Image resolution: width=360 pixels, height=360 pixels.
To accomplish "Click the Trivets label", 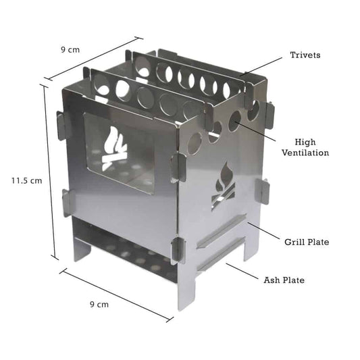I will pyautogui.click(x=305, y=55).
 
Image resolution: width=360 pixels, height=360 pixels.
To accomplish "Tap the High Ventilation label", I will pyautogui.click(x=311, y=147).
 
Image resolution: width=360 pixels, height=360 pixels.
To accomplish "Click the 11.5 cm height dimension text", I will pyautogui.click(x=26, y=180).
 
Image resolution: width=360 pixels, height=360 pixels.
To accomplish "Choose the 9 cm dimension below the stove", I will pyautogui.click(x=99, y=305).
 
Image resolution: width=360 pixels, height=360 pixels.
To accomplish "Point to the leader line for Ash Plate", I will pyautogui.click(x=243, y=271).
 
